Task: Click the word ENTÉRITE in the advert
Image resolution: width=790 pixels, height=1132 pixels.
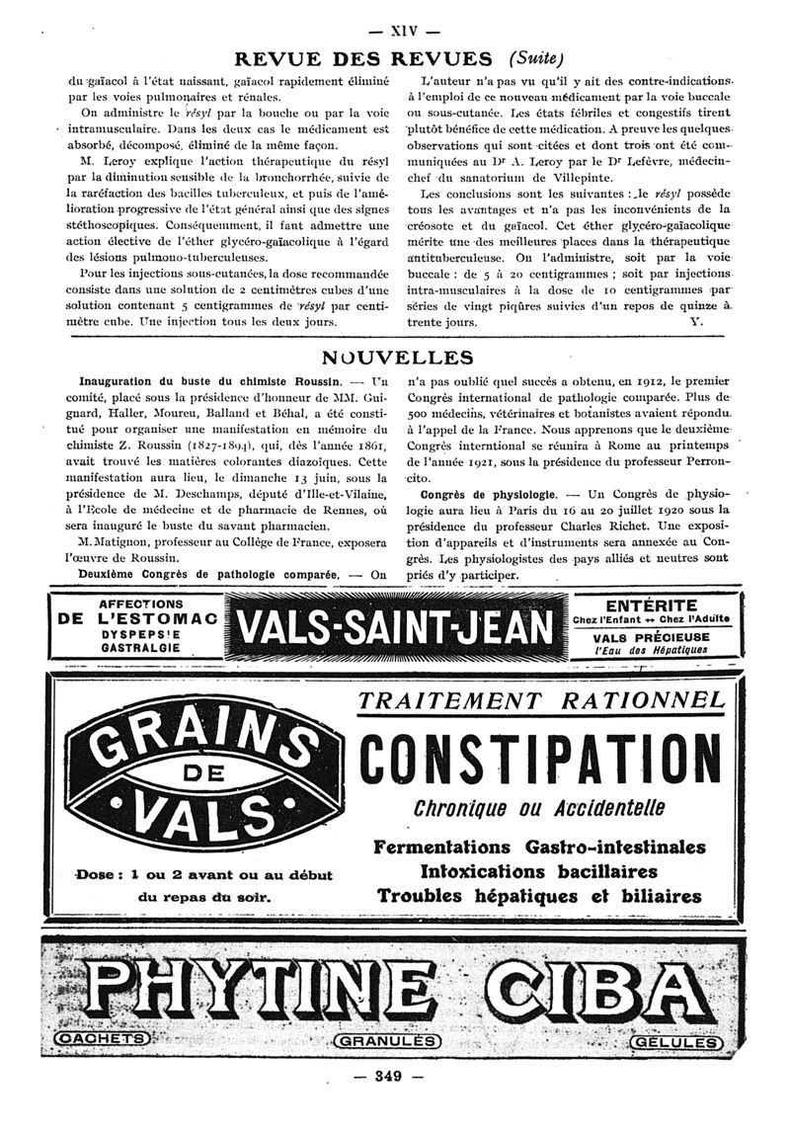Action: tap(652, 605)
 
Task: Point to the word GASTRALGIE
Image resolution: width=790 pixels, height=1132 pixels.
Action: tap(137, 646)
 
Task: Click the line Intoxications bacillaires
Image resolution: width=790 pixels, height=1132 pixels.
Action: tap(538, 872)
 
